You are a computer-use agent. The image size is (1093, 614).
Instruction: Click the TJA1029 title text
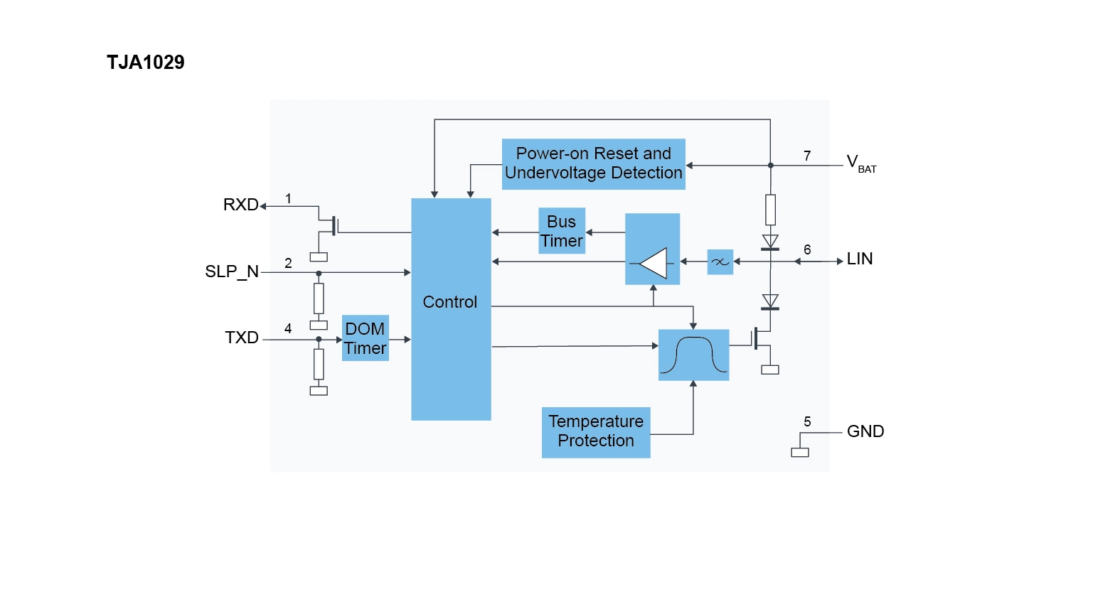click(x=145, y=63)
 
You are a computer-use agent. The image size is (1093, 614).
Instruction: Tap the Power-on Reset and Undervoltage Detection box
click(x=593, y=163)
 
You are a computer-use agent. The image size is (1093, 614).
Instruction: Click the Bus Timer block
click(x=562, y=231)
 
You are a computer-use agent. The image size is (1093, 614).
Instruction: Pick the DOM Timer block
click(x=365, y=338)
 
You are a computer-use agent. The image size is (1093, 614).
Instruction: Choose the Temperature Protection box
click(x=596, y=432)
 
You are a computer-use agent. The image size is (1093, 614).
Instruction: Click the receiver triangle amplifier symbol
click(x=654, y=264)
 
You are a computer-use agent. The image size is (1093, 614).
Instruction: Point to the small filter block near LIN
click(x=720, y=262)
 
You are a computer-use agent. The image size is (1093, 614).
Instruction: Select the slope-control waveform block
click(x=693, y=355)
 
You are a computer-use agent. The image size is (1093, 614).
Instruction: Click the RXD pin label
click(x=240, y=205)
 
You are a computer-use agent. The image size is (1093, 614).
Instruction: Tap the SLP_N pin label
click(x=232, y=271)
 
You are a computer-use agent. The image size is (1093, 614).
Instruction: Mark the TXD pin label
click(x=242, y=338)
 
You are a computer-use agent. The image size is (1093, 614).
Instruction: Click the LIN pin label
click(x=860, y=259)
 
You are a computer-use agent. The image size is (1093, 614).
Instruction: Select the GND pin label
click(x=865, y=431)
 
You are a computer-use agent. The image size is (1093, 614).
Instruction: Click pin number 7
click(x=807, y=156)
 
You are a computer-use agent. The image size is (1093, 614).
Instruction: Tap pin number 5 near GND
click(x=807, y=421)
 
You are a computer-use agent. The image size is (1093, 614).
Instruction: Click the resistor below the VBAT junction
click(x=770, y=210)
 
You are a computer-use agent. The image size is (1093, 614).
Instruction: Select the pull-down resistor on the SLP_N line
click(x=319, y=298)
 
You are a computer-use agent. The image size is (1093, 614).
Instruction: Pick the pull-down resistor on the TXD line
click(x=319, y=364)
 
